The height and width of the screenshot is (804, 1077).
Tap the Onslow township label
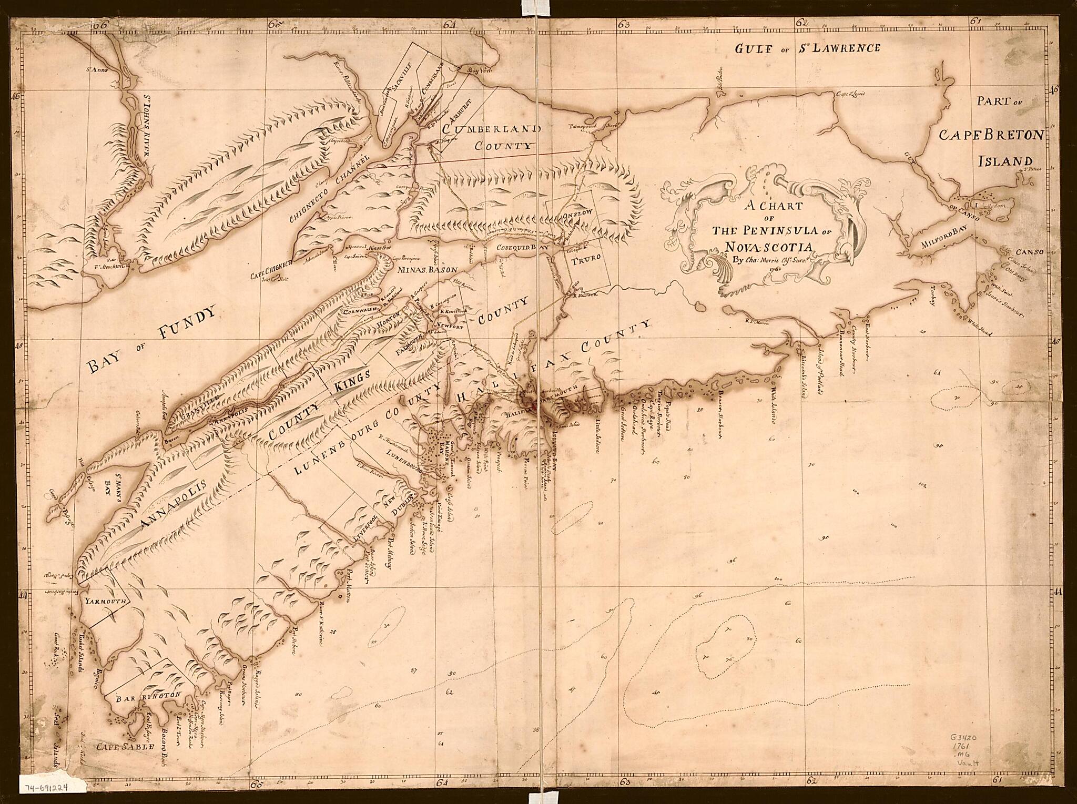(577, 213)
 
